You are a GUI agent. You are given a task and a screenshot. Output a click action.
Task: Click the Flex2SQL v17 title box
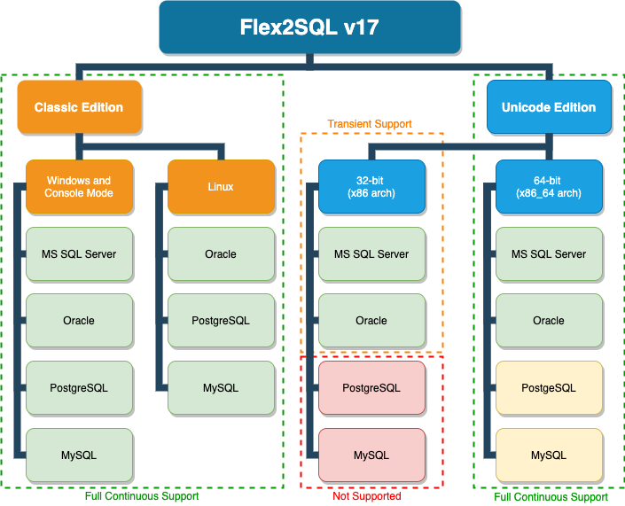[309, 27]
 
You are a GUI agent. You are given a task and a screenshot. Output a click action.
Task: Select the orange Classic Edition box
[79, 107]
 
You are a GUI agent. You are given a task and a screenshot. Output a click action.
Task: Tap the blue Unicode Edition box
[549, 107]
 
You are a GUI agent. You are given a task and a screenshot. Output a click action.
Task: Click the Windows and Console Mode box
[79, 186]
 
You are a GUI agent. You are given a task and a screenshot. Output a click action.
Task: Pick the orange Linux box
[221, 186]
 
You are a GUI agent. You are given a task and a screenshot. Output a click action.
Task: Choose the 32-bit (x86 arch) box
[371, 186]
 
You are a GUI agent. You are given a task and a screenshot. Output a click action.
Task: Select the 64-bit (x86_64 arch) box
[549, 186]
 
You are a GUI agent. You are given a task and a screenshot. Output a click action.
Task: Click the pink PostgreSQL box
[371, 388]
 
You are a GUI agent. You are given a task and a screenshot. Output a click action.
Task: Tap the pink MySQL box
[371, 455]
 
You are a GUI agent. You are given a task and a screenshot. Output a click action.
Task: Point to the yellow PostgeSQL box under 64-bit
[549, 388]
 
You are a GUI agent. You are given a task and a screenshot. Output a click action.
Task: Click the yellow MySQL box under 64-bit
[549, 455]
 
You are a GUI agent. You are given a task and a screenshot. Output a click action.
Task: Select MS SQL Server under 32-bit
[371, 253]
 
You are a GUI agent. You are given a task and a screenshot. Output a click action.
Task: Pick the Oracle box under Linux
[221, 253]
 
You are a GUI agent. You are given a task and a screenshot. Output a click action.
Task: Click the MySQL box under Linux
[221, 388]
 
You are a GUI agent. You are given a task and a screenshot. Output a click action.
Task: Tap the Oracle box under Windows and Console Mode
[79, 321]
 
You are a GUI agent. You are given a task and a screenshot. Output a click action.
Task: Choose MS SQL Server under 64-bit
[549, 253]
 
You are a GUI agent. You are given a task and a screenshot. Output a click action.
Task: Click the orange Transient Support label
[370, 124]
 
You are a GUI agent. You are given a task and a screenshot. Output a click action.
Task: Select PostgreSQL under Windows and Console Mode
[79, 388]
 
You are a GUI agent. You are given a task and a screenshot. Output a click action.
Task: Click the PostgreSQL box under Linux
[221, 321]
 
